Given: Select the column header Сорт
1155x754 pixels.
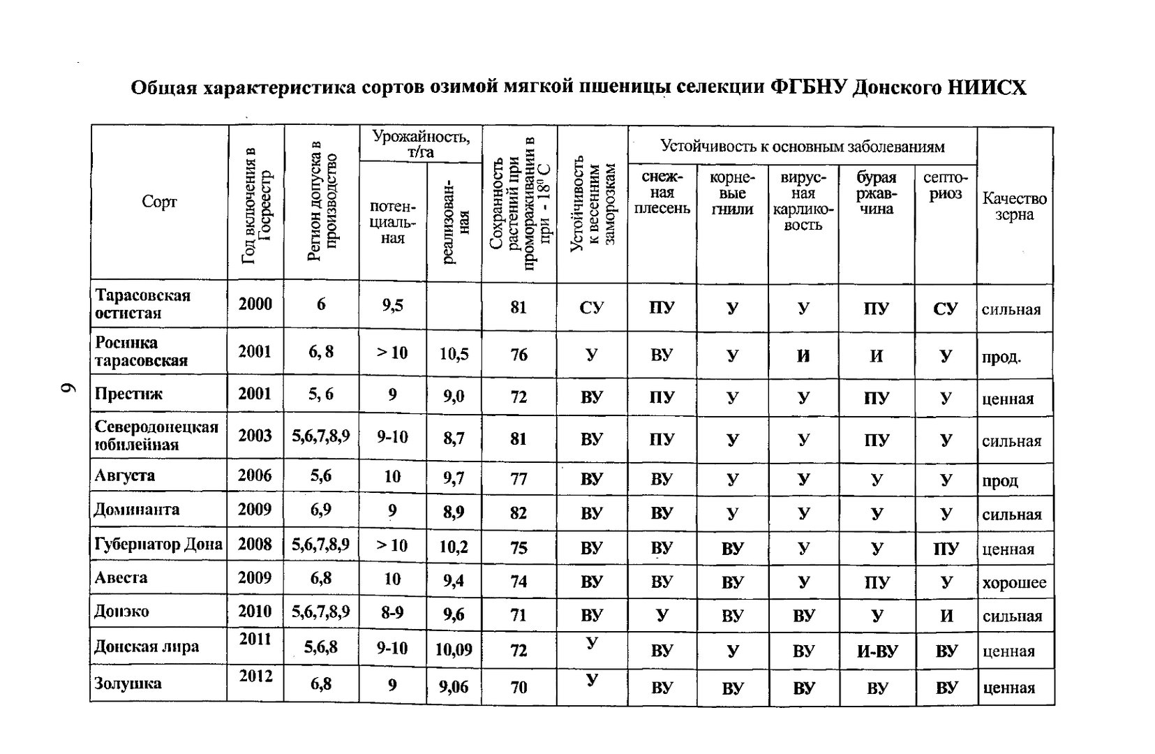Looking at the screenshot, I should (159, 202).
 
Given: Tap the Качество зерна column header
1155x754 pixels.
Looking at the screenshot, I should (1014, 207).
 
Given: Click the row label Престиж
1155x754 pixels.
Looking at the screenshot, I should (129, 394).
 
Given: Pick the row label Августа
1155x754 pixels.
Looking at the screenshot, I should (125, 476).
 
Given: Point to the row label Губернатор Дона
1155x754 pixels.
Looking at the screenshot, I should (158, 544).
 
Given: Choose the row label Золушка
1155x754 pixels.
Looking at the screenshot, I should (128, 683).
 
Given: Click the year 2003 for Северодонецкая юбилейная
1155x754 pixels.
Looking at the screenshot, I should (255, 436).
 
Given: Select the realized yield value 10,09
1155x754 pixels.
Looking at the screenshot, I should (454, 650).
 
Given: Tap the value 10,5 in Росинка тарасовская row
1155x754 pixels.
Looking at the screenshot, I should (454, 354).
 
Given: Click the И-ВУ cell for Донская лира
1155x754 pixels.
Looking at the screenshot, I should (877, 651).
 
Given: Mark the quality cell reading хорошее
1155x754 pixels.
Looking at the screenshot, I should (1014, 583).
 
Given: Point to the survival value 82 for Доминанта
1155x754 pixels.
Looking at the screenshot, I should (518, 513).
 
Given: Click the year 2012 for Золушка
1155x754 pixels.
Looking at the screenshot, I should (255, 676).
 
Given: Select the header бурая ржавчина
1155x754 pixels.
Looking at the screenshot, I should (876, 193).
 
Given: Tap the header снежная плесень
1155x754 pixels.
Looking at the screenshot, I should (662, 193).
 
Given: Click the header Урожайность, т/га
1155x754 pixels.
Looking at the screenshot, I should (421, 143).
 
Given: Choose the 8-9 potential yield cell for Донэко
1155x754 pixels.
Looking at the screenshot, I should (392, 613).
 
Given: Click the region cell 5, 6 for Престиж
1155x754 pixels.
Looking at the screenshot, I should (320, 394).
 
